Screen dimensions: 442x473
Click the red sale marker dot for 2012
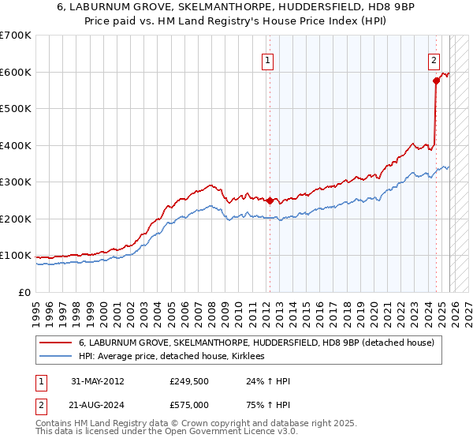(270, 200)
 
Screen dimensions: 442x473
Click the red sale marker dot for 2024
(435, 81)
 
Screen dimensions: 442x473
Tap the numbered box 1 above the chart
(268, 59)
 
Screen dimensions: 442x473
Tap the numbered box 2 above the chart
(434, 59)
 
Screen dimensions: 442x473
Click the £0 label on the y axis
(24, 292)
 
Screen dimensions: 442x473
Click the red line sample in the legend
(56, 343)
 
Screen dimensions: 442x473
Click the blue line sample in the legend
(56, 357)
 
